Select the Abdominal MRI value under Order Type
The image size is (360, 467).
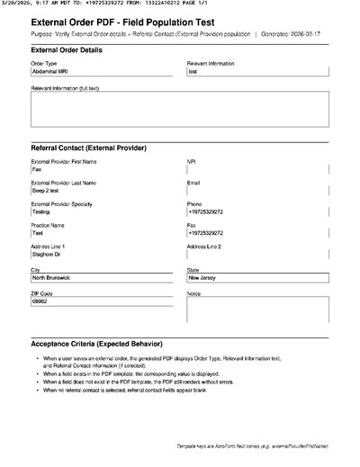pos(49,71)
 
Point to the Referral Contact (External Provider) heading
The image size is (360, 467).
pos(89,148)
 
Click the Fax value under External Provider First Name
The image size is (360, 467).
pos(37,169)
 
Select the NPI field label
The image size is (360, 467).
pos(191,161)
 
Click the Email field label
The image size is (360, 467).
pos(193,183)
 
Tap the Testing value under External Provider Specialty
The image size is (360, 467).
pos(40,211)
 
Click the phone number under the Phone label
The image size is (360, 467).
pos(205,211)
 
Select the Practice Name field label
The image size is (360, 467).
pos(48,225)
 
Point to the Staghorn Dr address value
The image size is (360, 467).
pos(46,255)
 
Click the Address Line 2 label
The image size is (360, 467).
pos(203,247)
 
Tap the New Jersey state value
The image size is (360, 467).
pos(202,278)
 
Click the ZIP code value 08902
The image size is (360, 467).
pos(39,301)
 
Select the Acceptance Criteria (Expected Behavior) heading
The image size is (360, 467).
pos(97,345)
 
